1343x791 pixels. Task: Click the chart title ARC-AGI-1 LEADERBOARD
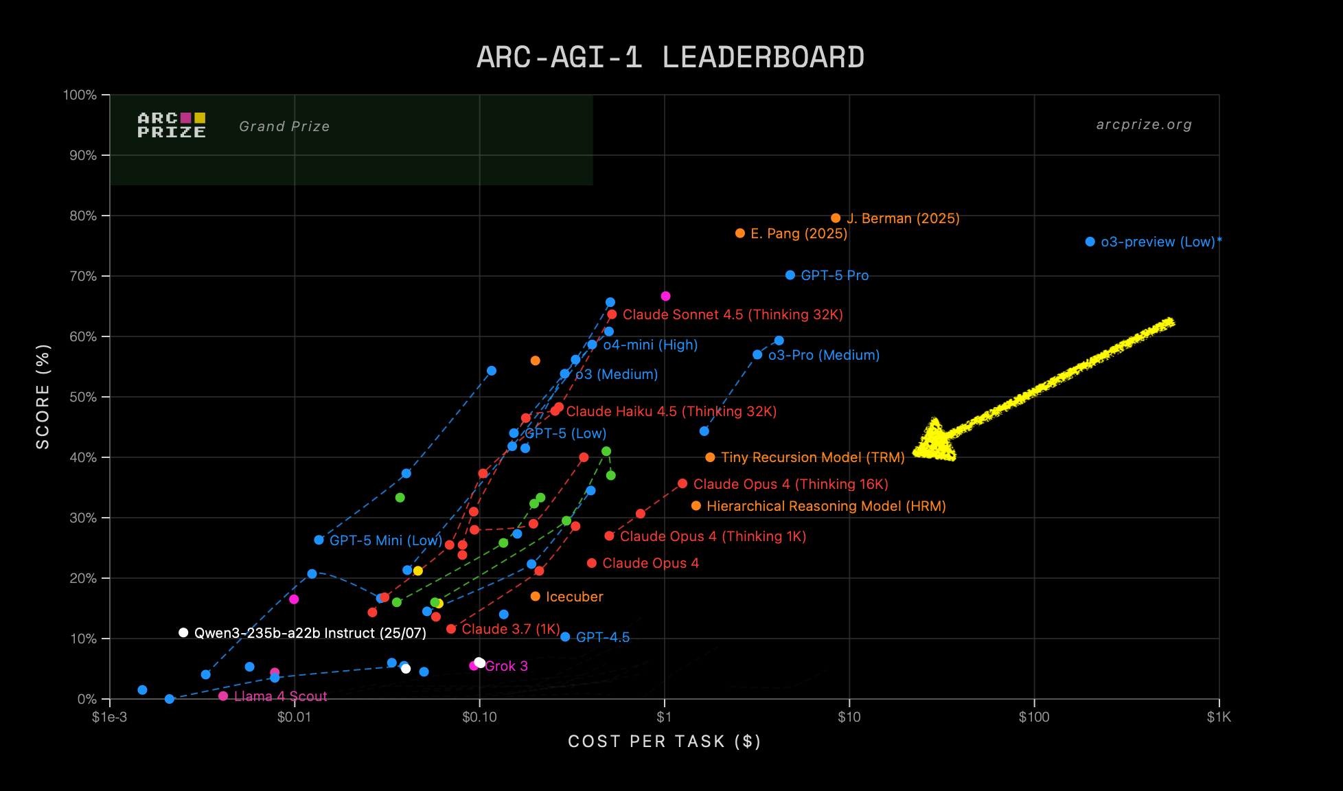coord(670,57)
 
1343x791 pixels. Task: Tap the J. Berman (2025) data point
coord(836,218)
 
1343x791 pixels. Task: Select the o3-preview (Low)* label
coord(1161,242)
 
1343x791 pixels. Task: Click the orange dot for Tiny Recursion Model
coord(710,457)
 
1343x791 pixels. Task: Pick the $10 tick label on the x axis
coord(849,718)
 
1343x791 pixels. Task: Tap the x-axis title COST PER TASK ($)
coord(664,742)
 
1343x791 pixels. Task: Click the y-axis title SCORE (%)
coord(43,397)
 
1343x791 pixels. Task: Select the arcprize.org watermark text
coord(1144,125)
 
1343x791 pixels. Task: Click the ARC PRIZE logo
coord(172,125)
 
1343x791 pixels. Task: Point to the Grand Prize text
coord(284,126)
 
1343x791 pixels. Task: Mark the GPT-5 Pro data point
coord(790,275)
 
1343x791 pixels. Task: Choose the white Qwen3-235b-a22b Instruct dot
coord(183,632)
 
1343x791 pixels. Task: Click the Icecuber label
coord(574,597)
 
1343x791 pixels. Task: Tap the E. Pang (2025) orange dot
coord(740,233)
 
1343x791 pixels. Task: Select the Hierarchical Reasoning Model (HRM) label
coord(826,506)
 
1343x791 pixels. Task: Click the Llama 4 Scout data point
coord(223,696)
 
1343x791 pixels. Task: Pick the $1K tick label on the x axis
coord(1219,718)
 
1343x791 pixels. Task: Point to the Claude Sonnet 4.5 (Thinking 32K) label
coord(733,314)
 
